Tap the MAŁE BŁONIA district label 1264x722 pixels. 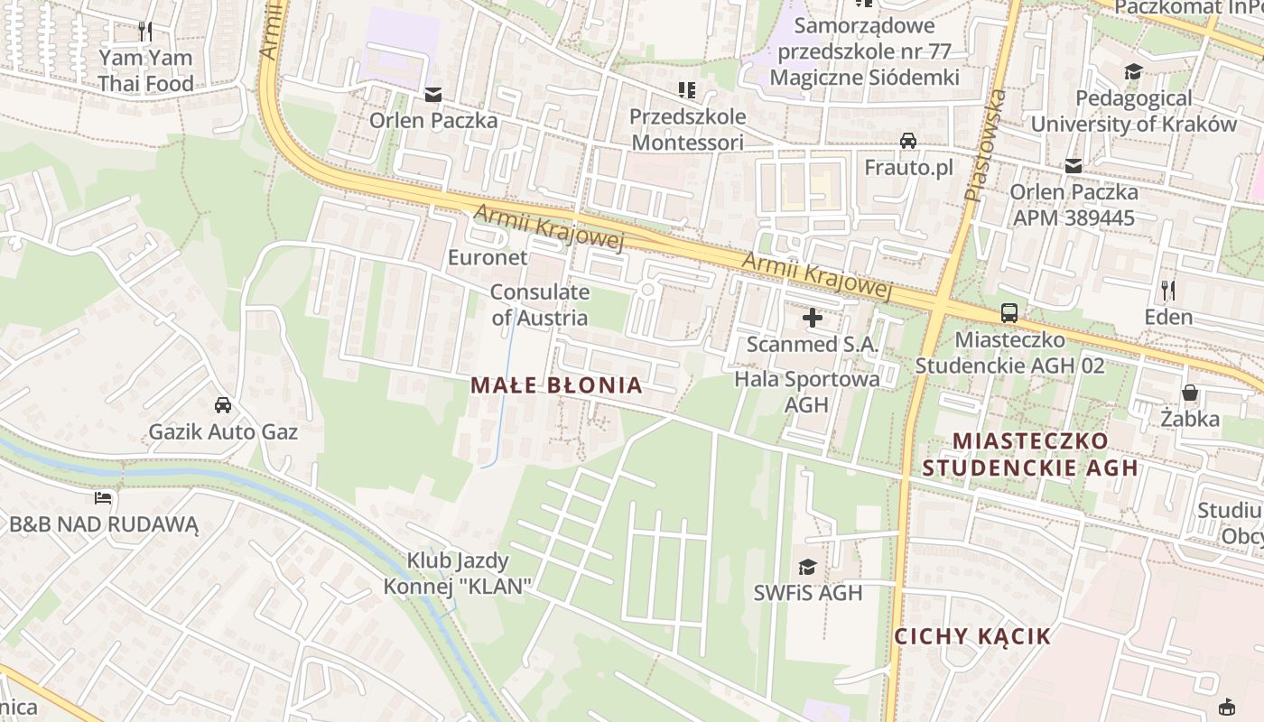[556, 385]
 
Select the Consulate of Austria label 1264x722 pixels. [540, 305]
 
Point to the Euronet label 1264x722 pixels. [488, 258]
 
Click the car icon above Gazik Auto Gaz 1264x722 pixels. [223, 405]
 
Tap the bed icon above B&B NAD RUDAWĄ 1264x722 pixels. [103, 497]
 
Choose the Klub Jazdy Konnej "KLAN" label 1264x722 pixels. [457, 573]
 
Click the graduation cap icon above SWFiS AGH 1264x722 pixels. [807, 567]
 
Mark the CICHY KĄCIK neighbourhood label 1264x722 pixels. [972, 636]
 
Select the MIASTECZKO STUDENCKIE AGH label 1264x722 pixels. [1029, 455]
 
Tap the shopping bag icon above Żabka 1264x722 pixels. [1190, 393]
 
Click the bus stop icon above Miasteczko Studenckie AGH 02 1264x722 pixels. [1009, 313]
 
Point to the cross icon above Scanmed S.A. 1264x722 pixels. [813, 318]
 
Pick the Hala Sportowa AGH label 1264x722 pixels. [806, 392]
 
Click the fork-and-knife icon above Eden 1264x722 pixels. [1168, 290]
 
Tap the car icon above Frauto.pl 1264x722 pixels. [908, 141]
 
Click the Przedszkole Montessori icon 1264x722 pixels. [687, 90]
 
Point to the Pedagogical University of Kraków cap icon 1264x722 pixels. [1133, 71]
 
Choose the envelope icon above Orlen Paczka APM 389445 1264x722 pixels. [1073, 165]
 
